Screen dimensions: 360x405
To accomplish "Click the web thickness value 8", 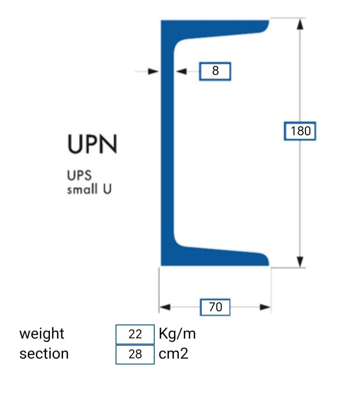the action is (x=215, y=71).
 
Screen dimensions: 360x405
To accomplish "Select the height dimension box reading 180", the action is (x=300, y=131).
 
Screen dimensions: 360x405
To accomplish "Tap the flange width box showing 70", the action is (x=215, y=307).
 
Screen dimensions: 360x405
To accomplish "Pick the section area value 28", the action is (x=135, y=354).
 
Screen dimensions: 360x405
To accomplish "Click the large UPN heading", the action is (x=92, y=144).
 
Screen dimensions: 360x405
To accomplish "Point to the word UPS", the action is (x=79, y=175).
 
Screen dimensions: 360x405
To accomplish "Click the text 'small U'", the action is (x=89, y=189).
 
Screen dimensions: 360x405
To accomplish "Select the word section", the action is (x=44, y=354).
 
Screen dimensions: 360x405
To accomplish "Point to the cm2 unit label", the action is (x=173, y=354).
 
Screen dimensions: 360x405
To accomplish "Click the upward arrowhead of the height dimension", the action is (x=300, y=25).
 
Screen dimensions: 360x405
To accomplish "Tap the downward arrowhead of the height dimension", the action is (x=300, y=261).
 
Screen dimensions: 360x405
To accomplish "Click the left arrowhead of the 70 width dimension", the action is (x=165, y=307).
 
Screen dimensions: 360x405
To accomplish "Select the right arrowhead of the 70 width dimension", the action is (x=265, y=307).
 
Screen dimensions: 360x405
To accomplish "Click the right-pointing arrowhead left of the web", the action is (x=153, y=72).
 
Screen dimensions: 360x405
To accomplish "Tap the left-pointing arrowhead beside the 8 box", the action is (x=181, y=72).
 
